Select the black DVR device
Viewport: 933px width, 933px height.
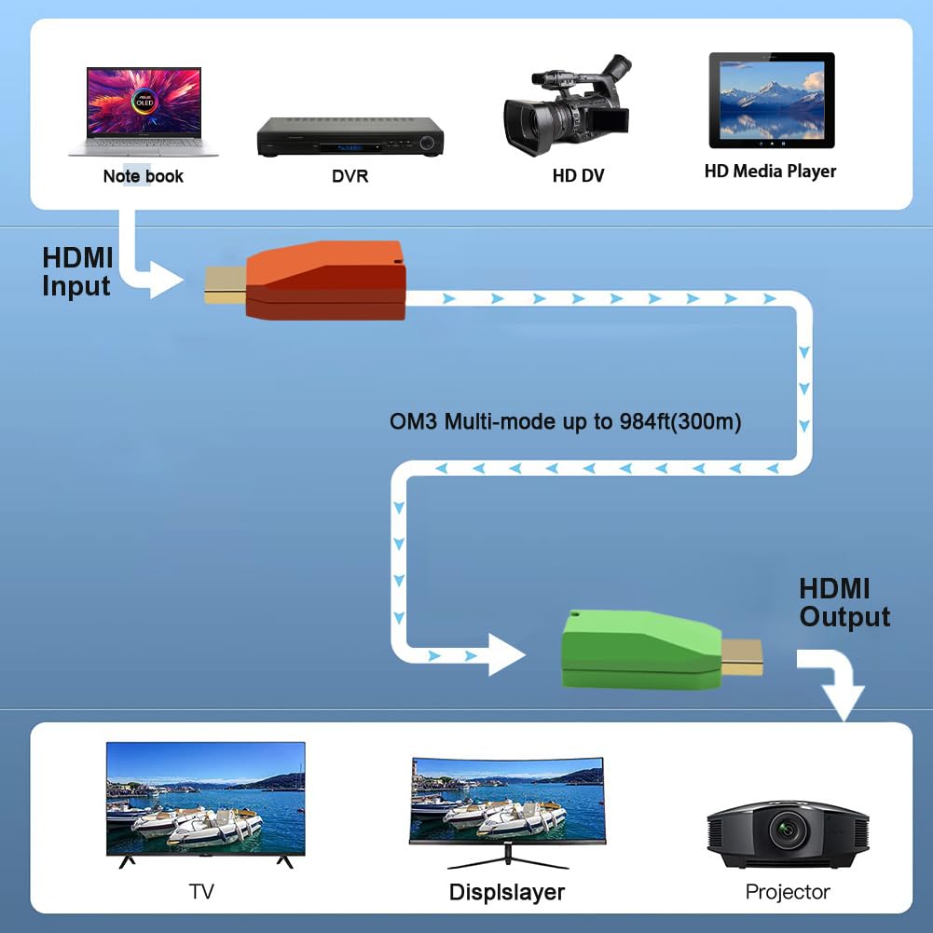350,137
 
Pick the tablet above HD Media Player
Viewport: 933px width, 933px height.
771,100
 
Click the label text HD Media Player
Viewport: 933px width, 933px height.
770,172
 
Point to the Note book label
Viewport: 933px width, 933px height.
143,176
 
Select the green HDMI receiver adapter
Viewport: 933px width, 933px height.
639,650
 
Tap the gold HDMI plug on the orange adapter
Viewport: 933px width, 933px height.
225,284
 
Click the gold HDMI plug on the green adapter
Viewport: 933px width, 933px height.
743,656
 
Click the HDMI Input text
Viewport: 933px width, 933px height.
77,272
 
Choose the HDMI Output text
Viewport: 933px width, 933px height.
844,603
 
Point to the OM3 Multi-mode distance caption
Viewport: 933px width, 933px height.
565,422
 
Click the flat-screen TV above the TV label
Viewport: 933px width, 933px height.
205,801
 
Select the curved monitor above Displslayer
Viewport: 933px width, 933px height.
507,801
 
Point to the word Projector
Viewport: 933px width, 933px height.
787,892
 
